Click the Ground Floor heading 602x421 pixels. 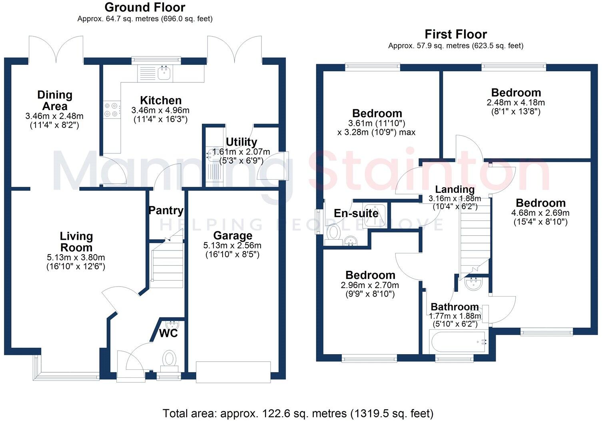145,7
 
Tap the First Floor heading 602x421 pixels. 455,34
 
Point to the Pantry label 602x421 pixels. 166,210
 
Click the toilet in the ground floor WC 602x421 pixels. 169,358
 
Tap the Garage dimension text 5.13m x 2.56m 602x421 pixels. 232,246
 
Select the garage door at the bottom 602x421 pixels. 233,372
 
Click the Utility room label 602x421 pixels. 241,142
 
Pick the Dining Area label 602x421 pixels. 55,100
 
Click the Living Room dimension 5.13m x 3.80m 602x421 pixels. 76,258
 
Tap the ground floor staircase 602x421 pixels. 167,264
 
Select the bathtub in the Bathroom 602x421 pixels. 458,342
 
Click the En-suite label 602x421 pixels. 356,213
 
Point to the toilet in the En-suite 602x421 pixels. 333,232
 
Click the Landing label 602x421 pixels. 454,189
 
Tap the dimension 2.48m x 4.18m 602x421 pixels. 516,102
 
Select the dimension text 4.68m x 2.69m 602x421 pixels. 540,213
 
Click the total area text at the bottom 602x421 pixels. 298,413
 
